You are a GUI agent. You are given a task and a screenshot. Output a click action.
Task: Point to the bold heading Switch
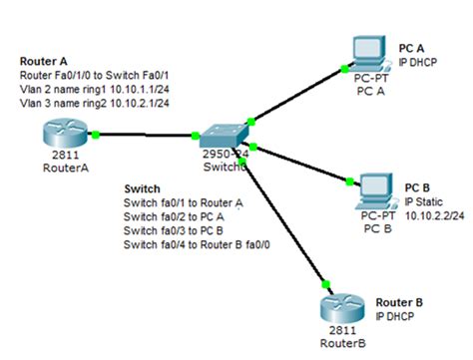(142, 187)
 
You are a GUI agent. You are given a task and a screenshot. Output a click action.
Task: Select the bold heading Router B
(400, 301)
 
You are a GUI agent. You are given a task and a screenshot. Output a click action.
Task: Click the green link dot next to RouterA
(95, 133)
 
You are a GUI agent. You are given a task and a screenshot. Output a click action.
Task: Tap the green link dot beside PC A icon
(345, 69)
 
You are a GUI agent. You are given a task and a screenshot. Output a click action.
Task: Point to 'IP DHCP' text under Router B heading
(394, 314)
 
